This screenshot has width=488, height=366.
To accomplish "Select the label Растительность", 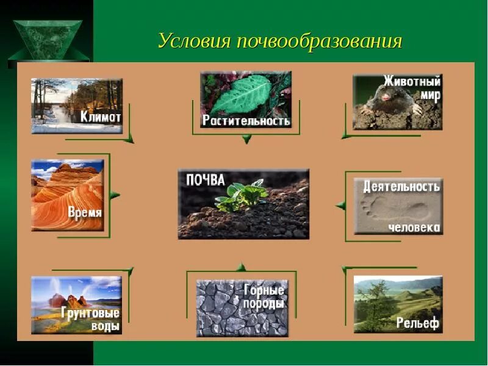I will click(246, 120).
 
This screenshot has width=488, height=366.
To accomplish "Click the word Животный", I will click(412, 82).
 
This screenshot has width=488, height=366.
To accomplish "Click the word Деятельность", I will click(401, 185).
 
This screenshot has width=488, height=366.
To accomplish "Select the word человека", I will click(414, 227).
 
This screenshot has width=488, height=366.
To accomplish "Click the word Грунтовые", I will click(91, 313).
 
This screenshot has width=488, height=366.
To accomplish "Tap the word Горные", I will click(264, 290).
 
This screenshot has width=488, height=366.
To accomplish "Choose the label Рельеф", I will click(417, 323).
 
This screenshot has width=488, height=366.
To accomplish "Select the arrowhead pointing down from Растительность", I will click(246, 140).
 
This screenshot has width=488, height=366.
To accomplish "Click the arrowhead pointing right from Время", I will click(115, 195).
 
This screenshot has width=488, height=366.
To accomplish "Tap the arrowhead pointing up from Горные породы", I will click(242, 267).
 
